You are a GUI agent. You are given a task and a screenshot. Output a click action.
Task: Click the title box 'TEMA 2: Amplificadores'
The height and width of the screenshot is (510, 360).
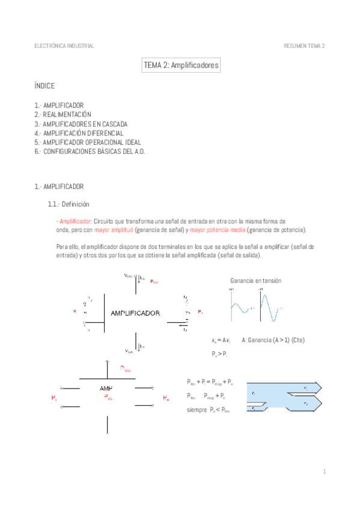tap(181, 65)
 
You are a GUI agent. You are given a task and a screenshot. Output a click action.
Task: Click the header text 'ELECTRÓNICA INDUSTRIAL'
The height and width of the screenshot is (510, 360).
tap(64, 46)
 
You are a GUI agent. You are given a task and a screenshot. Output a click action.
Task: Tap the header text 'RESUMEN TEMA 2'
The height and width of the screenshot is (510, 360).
tap(304, 46)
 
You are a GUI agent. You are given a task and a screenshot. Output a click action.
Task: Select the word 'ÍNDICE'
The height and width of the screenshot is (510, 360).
tap(44, 86)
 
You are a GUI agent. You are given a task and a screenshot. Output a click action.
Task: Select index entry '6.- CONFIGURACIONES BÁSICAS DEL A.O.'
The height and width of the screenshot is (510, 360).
tap(90, 152)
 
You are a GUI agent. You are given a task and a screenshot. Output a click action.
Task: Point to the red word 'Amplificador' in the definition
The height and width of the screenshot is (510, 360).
tap(75, 221)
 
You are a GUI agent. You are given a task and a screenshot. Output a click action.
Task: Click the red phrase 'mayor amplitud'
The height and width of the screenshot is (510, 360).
tap(114, 230)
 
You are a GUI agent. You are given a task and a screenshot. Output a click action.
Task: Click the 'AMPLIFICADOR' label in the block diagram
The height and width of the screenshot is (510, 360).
tap(135, 313)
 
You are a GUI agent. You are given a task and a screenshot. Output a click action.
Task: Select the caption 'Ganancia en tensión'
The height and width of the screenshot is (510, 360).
tap(255, 281)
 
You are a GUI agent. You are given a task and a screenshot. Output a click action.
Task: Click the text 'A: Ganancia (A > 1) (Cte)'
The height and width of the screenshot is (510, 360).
tap(273, 340)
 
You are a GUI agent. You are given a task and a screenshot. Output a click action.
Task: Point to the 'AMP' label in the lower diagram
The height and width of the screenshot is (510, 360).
tap(107, 389)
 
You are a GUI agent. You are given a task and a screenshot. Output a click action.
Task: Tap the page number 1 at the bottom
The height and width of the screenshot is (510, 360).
tap(324, 472)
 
